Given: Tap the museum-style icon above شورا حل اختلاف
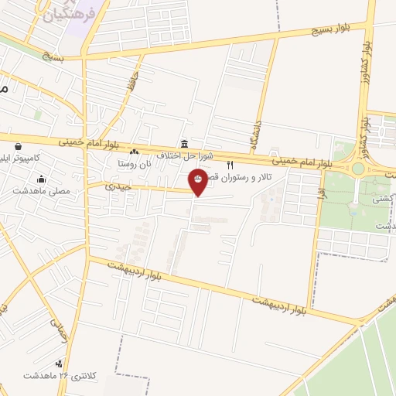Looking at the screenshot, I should coord(183,144).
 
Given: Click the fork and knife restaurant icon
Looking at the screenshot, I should coord(229,166).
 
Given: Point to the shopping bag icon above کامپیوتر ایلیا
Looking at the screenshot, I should coord(17,145).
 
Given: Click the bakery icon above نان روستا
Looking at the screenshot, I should coord(135,152).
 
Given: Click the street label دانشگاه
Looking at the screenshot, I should coord(256,133).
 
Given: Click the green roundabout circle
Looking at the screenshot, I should coord(358,169).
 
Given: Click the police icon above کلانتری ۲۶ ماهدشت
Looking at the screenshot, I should coord(59,364).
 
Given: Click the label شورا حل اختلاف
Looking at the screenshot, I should coord(183,155).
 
